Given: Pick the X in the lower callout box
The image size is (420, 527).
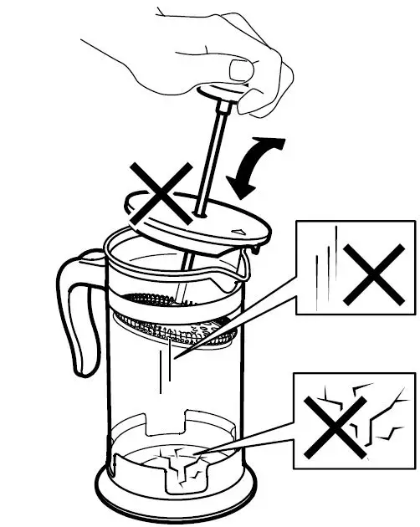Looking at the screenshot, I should click(x=335, y=422).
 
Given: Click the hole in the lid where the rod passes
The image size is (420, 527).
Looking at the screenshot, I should click(x=199, y=217).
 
